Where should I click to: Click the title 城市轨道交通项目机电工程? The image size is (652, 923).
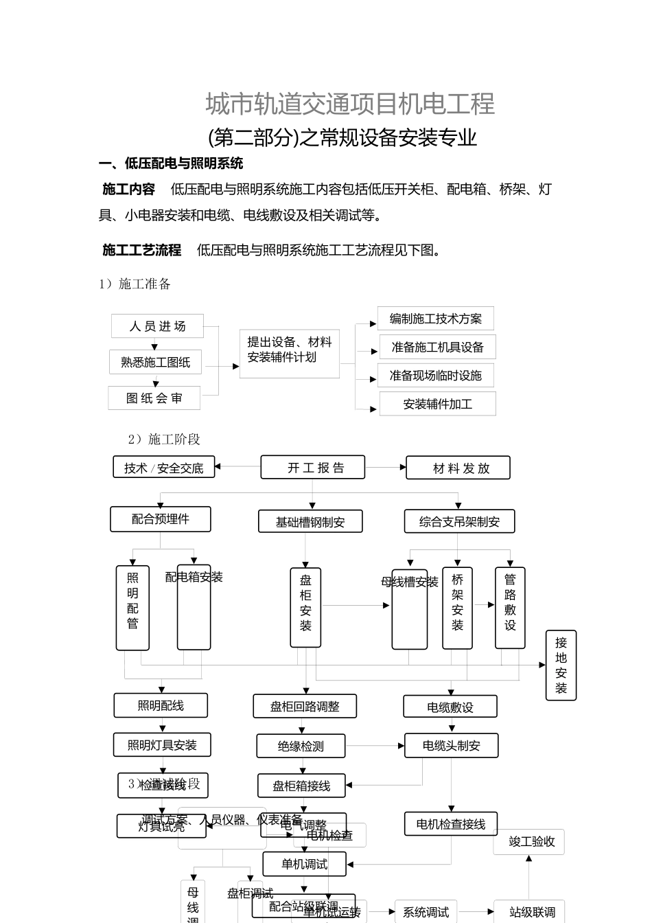click(x=350, y=104)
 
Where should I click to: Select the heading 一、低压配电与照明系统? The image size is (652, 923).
click(x=171, y=163)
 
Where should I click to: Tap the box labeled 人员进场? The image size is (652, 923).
click(x=157, y=326)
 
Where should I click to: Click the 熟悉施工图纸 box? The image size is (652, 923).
click(x=155, y=362)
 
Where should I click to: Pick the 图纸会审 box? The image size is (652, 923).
click(x=154, y=398)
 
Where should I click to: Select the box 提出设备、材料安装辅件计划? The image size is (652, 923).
click(x=289, y=354)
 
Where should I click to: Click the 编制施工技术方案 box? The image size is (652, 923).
click(x=435, y=319)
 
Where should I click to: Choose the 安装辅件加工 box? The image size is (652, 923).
click(x=437, y=404)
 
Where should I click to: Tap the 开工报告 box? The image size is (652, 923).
click(x=313, y=468)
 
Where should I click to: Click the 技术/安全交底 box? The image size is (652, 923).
click(x=164, y=468)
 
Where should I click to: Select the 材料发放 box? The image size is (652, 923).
click(x=458, y=468)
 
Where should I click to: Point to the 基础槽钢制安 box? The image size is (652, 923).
click(x=310, y=522)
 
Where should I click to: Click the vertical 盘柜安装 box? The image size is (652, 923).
click(x=305, y=607)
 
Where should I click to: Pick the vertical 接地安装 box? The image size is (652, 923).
click(x=561, y=665)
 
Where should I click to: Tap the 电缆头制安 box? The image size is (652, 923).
click(x=451, y=746)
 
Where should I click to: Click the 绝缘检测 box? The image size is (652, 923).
click(x=301, y=747)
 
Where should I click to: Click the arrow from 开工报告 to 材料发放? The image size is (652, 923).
click(x=386, y=468)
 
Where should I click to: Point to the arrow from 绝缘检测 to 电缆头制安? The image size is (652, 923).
click(x=375, y=746)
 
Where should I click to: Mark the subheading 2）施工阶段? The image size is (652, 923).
click(x=164, y=440)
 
